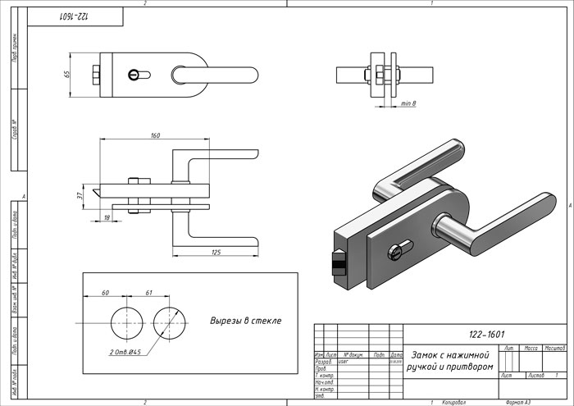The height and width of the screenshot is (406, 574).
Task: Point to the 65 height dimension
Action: (68, 75)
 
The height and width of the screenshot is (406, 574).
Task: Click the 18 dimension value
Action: (107, 217)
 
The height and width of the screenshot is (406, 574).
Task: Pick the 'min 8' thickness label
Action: (408, 104)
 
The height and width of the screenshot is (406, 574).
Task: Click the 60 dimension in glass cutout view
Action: (105, 292)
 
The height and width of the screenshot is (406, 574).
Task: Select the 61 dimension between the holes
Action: (148, 292)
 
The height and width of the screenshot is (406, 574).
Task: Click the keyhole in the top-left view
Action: (135, 75)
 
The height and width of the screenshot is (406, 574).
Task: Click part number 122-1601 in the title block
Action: (485, 335)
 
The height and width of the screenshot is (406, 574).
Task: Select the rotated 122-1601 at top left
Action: (75, 16)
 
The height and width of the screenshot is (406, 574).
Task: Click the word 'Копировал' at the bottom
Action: (453, 403)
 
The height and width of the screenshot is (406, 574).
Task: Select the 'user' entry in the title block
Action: (344, 360)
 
